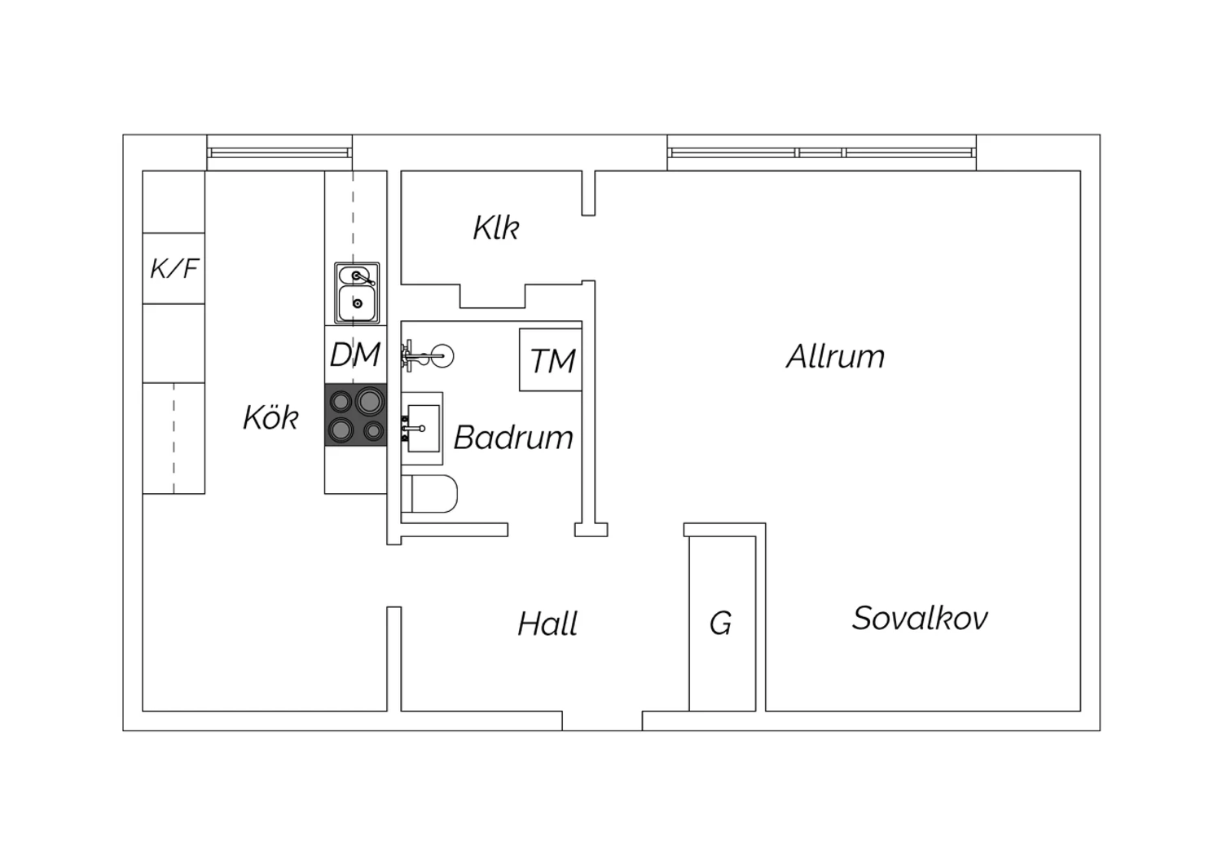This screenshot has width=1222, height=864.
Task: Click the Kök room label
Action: pyautogui.click(x=270, y=417)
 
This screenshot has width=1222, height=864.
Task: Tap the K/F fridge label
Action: pyautogui.click(x=174, y=268)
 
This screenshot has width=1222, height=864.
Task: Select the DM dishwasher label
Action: pyautogui.click(x=355, y=355)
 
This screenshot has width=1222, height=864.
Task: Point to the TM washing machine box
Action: pyautogui.click(x=551, y=359)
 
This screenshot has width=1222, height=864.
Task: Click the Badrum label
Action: pyautogui.click(x=513, y=437)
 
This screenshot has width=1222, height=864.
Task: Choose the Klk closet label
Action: pyautogui.click(x=496, y=227)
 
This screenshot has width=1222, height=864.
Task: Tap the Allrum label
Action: pyautogui.click(x=835, y=356)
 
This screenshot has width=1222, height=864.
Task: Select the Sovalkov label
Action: pyautogui.click(x=921, y=618)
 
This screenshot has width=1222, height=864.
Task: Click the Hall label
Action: pyautogui.click(x=547, y=624)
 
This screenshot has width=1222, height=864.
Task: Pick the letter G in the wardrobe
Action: pyautogui.click(x=721, y=623)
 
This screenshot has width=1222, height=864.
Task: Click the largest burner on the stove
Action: pyautogui.click(x=370, y=401)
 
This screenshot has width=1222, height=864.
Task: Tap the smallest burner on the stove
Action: pyautogui.click(x=374, y=431)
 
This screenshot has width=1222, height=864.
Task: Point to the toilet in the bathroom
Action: pyautogui.click(x=429, y=494)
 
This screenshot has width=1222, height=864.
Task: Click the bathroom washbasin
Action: pyautogui.click(x=423, y=429)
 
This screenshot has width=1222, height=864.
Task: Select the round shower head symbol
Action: pyautogui.click(x=442, y=356)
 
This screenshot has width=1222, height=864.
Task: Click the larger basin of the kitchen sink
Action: pyautogui.click(x=358, y=303)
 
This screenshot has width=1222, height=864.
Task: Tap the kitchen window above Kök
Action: pyautogui.click(x=279, y=152)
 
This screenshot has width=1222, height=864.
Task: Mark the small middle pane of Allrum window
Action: pyautogui.click(x=820, y=152)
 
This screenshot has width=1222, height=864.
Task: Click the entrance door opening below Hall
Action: pyautogui.click(x=602, y=721)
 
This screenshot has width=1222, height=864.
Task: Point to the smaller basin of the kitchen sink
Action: pyautogui.click(x=353, y=276)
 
